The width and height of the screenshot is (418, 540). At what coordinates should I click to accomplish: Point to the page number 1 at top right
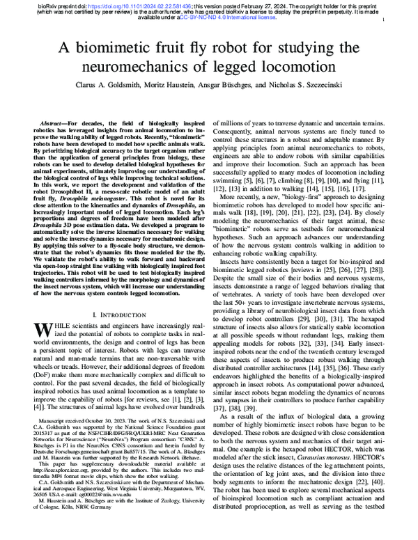pyautogui.click(x=385, y=22)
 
